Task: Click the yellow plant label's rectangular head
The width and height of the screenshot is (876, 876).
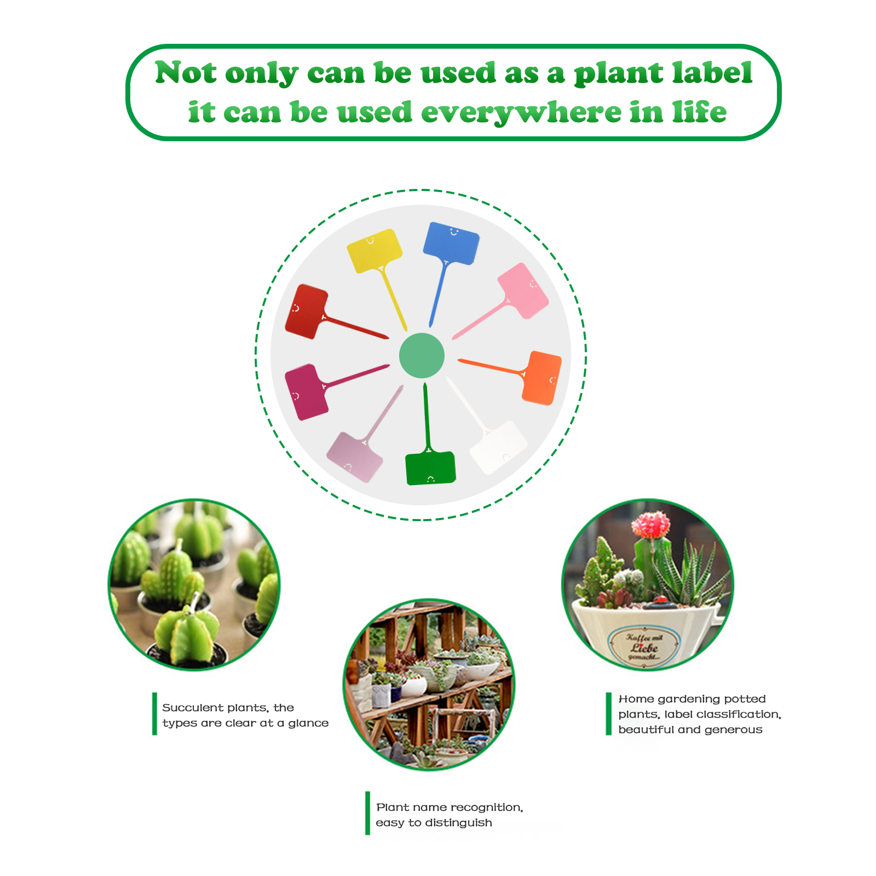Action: point(375,251)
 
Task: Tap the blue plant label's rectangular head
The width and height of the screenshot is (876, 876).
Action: point(451,243)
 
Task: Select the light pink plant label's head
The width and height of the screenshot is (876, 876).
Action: point(523,291)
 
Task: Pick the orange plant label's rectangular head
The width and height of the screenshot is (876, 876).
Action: point(542,378)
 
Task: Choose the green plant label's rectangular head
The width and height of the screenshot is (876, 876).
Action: point(430,468)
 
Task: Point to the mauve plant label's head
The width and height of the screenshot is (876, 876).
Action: point(355,457)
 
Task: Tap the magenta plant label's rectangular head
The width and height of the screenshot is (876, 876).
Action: point(307,392)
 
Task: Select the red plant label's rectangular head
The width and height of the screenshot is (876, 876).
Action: point(307,312)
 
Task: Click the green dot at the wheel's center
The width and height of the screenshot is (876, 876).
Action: point(422,355)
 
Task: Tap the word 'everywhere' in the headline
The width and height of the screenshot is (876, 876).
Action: point(521,113)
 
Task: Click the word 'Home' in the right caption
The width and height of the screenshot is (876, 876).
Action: point(636,699)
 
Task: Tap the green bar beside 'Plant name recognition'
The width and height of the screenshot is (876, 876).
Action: point(367,813)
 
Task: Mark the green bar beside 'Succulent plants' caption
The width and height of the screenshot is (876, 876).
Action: point(155,713)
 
